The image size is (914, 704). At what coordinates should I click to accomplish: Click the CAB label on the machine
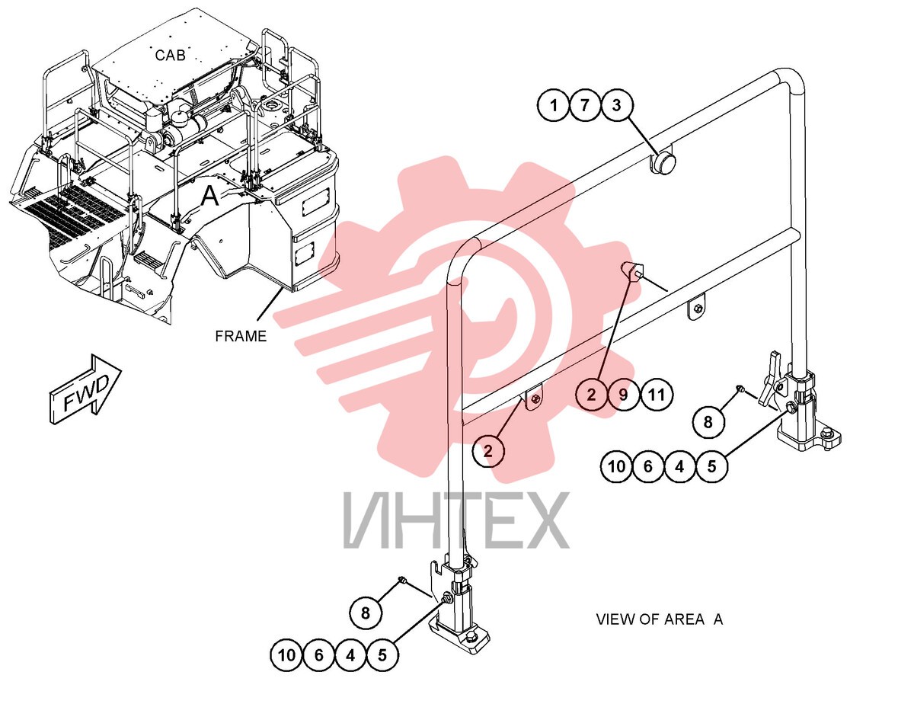170,55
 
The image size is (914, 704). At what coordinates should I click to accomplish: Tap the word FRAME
241,336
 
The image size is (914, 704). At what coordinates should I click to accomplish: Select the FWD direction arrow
86,389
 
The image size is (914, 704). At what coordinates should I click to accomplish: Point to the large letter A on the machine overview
209,197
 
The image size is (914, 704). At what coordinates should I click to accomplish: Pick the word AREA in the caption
684,619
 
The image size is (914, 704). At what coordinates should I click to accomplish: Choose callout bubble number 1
554,105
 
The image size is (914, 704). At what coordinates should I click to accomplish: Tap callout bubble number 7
585,105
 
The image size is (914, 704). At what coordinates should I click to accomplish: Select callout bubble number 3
617,105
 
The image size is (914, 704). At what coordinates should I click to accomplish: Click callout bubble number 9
623,395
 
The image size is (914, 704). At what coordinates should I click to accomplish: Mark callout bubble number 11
656,395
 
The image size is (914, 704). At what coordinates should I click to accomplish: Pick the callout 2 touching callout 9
591,395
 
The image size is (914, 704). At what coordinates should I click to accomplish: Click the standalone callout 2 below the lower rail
488,451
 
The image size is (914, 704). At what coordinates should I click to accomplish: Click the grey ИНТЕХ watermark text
456,521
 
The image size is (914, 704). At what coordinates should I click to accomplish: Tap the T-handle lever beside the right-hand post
771,379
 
